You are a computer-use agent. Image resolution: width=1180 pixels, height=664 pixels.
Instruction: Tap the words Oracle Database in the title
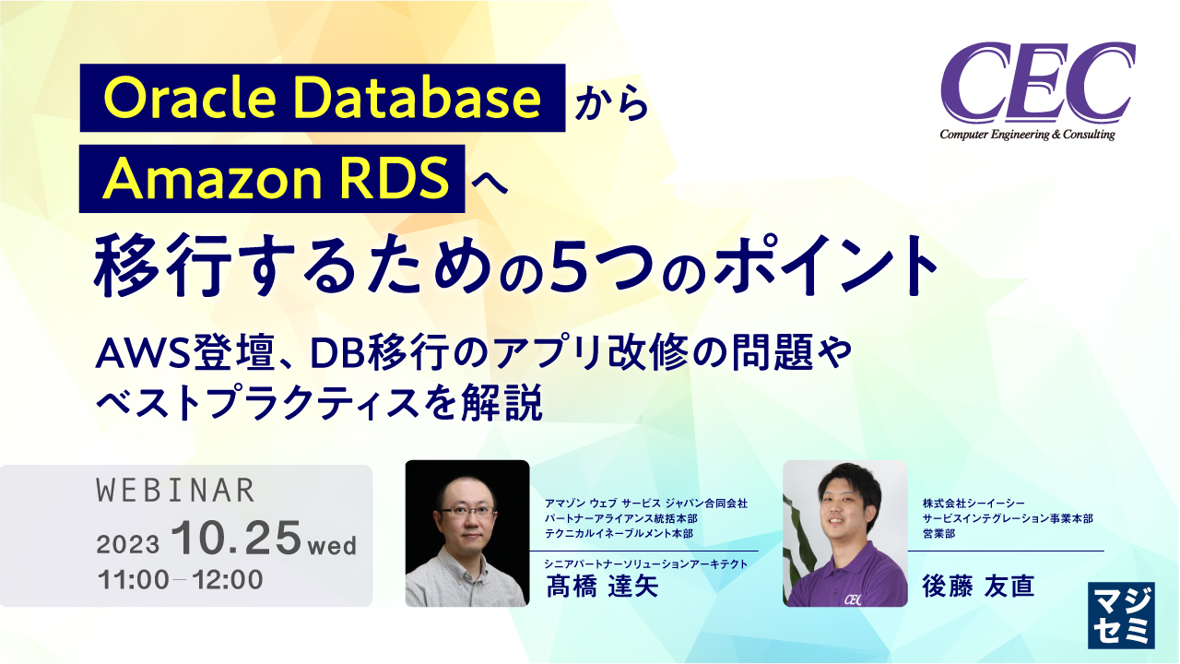(323, 97)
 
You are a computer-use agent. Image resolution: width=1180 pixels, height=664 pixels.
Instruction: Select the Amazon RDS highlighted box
(272, 179)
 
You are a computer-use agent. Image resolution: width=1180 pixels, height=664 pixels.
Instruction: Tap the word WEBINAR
(175, 491)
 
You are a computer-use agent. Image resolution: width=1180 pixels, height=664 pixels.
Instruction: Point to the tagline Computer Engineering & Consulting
(1027, 136)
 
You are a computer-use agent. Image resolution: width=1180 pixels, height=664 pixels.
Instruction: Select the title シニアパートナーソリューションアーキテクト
(645, 564)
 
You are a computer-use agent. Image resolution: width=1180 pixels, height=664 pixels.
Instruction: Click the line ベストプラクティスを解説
(318, 405)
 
